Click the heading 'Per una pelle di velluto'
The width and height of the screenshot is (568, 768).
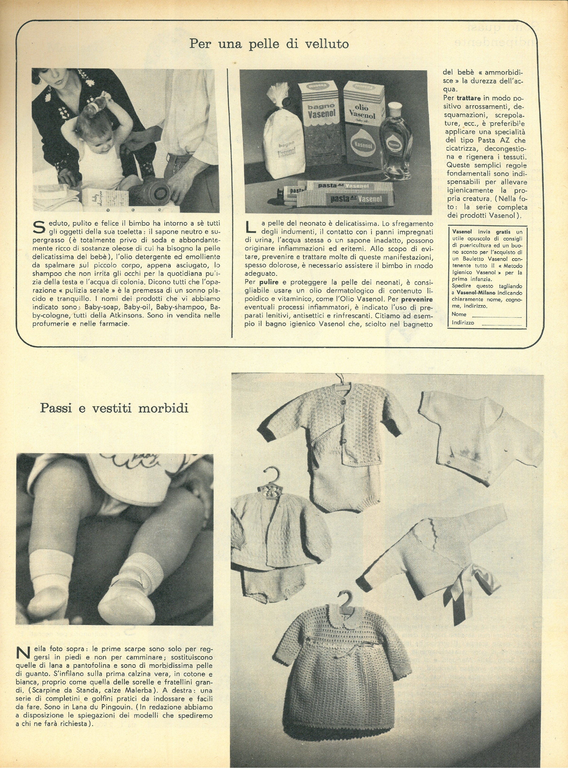click(269, 44)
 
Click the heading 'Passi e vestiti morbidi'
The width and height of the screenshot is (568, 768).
click(114, 408)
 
